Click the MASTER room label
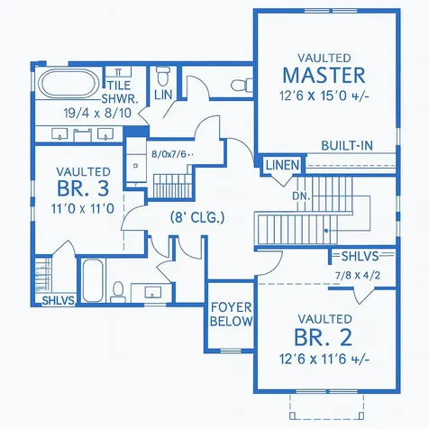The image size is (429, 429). [324, 76]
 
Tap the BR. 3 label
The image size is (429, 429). [83, 188]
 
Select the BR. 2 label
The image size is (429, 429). [323, 337]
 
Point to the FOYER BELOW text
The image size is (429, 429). [231, 315]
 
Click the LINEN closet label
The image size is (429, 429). [283, 165]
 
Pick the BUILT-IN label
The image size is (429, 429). [347, 146]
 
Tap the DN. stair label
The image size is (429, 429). [301, 196]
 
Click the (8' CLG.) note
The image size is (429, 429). [197, 217]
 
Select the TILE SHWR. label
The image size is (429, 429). [120, 92]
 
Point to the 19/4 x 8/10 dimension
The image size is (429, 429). [97, 114]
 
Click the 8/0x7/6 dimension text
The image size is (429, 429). [172, 154]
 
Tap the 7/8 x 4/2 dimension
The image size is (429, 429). [358, 275]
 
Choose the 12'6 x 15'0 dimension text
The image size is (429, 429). [324, 96]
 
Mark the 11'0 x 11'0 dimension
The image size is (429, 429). [83, 208]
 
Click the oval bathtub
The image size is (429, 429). [70, 83]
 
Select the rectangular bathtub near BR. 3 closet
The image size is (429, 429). [93, 280]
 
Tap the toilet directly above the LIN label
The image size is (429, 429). [163, 76]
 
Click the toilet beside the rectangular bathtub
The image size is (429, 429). [118, 292]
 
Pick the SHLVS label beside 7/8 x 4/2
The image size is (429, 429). [360, 256]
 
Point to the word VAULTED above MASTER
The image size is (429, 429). [324, 58]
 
